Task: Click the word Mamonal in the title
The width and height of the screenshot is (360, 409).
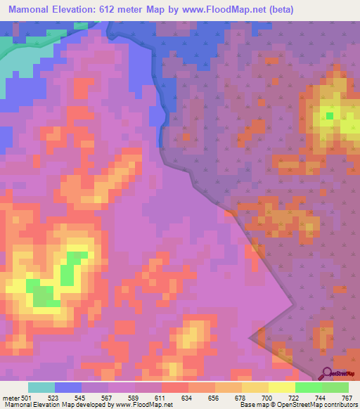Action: pos(32,9)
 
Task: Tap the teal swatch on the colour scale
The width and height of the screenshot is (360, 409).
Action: pos(41,388)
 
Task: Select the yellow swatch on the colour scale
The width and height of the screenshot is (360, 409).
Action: pos(282,388)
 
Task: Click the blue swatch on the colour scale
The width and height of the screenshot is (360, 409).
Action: pos(68,388)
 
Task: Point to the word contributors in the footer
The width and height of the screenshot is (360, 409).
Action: pos(339,405)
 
